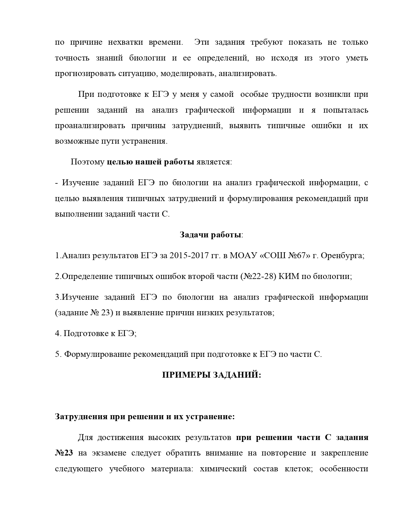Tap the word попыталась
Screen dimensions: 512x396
[x=345, y=110]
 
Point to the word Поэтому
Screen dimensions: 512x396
[x=88, y=162]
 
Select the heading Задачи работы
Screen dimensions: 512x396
[x=211, y=235]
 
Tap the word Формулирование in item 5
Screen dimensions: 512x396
[x=98, y=354]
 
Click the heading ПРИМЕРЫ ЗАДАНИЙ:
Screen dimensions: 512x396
[x=212, y=375]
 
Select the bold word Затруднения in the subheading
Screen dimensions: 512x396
[x=82, y=417]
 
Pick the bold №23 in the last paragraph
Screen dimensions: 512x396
[x=64, y=453]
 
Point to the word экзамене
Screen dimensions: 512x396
[x=109, y=453]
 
